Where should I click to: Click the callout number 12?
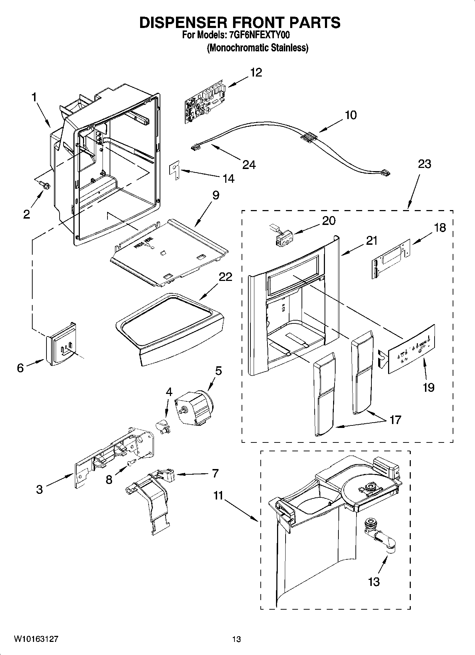[256, 72]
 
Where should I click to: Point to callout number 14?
[228, 179]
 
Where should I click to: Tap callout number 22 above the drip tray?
[225, 276]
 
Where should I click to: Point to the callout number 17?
[395, 420]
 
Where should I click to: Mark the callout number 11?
[218, 495]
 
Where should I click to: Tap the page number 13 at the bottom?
[237, 639]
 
